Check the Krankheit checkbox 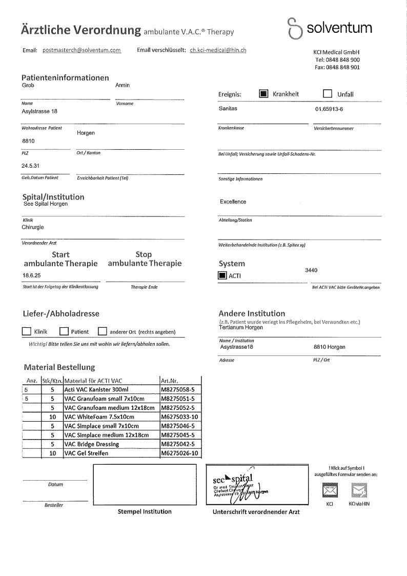[x=263, y=94]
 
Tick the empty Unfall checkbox [x=328, y=94]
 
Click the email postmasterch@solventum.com [x=82, y=50]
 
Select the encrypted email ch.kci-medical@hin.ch [x=218, y=50]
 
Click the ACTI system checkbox [x=222, y=275]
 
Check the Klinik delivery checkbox [x=27, y=331]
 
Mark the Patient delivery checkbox [x=64, y=331]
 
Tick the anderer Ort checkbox [x=102, y=331]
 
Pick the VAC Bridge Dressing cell [x=92, y=444]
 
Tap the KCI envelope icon [x=329, y=491]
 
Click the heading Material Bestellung [x=59, y=367]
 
